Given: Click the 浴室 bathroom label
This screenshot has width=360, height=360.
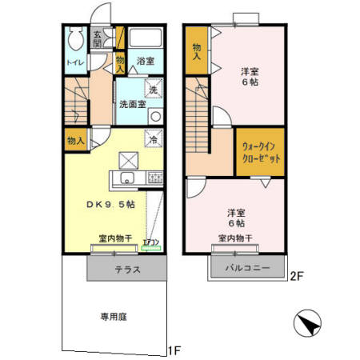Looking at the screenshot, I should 145,61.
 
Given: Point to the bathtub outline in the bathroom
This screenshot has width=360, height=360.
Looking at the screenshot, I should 145,39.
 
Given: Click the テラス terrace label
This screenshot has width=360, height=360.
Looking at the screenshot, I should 127,270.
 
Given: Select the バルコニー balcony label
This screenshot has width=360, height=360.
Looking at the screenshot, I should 246,266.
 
